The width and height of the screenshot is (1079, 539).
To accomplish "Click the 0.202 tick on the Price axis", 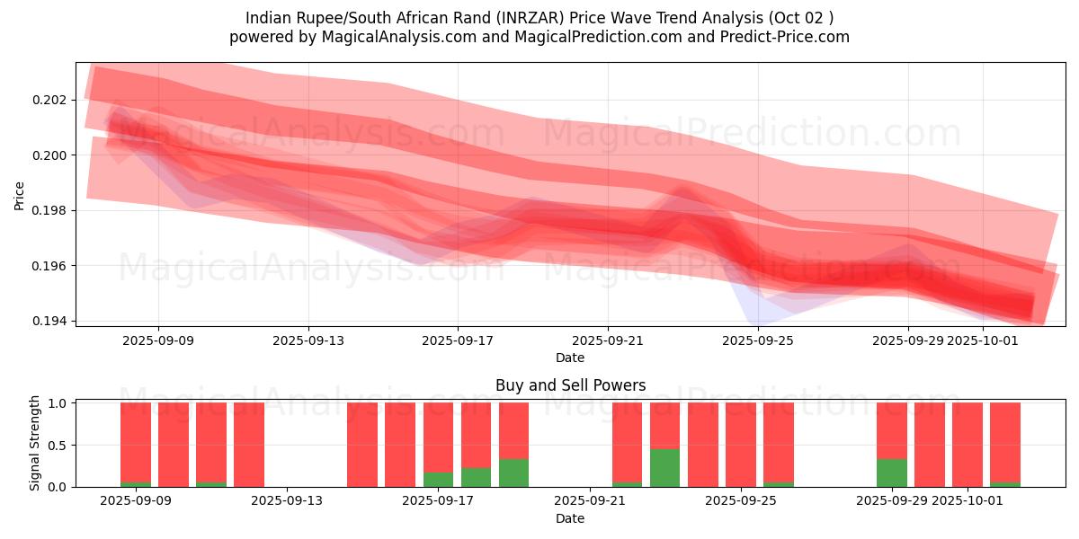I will (53, 100).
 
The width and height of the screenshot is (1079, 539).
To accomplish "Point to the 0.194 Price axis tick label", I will (53, 321).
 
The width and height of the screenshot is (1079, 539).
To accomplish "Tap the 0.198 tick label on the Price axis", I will (53, 210).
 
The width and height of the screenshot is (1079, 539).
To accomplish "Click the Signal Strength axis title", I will (35, 444).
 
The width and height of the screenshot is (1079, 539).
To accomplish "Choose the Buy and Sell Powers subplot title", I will (570, 385).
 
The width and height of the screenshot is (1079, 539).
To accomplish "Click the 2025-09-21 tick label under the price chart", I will (608, 340).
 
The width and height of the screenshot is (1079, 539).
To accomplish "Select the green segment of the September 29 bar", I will (891, 473).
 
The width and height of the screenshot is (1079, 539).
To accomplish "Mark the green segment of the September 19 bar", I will (513, 473).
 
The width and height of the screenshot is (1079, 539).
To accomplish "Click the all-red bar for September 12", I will (249, 445).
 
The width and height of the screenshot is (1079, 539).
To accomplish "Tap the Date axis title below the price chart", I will (570, 358).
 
